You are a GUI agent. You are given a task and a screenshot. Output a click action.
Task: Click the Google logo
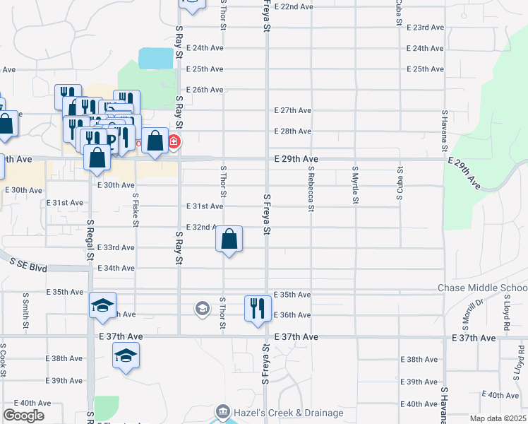tap(23, 416)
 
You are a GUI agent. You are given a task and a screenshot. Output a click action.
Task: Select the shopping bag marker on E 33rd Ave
tap(229, 240)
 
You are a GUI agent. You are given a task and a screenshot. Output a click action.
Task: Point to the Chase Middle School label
tap(483, 288)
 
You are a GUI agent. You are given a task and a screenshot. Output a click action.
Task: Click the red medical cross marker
tap(173, 142)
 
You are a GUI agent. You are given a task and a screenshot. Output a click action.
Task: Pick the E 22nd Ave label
tap(293, 6)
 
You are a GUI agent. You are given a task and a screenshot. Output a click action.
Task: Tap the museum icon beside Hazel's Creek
tap(223, 411)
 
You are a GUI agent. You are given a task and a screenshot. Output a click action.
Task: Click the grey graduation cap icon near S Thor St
tap(203, 308)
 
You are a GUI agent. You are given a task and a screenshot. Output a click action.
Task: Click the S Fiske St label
tap(135, 206)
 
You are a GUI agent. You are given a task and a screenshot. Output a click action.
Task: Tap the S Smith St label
tap(25, 312)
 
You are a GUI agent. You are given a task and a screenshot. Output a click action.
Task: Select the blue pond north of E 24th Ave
tap(157, 58)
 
